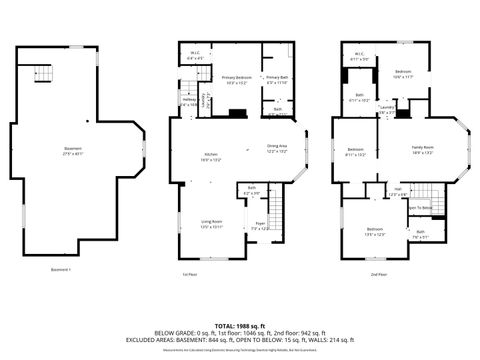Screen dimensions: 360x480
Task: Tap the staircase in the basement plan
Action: tap(39, 72)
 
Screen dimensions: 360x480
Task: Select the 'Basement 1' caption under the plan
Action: tap(62, 269)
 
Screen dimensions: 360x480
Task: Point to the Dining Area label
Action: tap(277, 149)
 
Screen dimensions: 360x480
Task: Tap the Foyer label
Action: tap(259, 226)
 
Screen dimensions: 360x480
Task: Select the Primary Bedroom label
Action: tap(236, 80)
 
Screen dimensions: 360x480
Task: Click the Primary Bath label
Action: tap(276, 80)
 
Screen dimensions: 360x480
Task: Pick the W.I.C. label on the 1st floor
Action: tap(194, 57)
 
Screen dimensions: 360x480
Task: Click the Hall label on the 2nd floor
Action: tap(397, 190)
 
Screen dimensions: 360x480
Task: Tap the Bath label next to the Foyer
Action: tap(252, 191)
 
